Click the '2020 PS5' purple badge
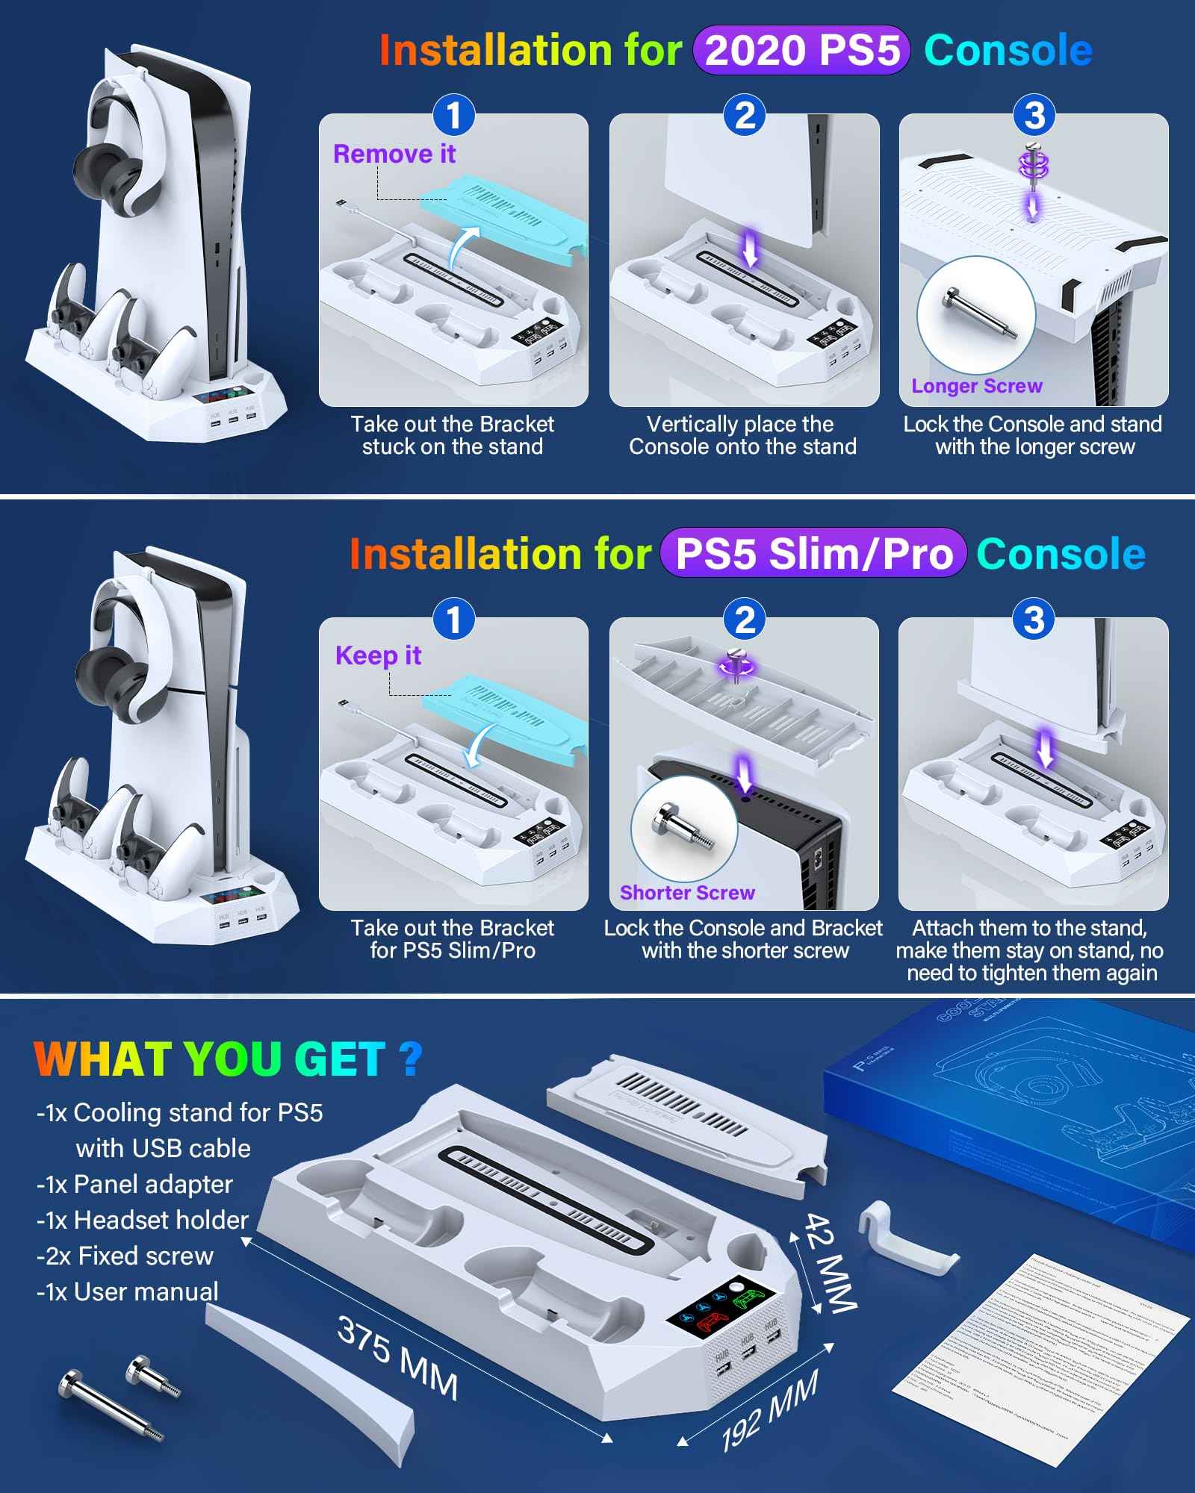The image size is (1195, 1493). click(x=801, y=51)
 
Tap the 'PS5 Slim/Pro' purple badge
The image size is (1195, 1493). click(x=813, y=554)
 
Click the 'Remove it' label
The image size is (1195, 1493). click(x=394, y=154)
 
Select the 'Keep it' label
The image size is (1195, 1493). click(x=378, y=655)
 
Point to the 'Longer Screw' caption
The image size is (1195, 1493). click(x=976, y=386)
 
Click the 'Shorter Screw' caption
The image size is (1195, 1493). click(x=687, y=893)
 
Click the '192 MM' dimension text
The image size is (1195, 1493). click(x=769, y=1409)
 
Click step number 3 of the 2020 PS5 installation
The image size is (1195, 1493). click(x=1034, y=116)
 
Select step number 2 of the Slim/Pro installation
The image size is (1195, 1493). click(x=745, y=620)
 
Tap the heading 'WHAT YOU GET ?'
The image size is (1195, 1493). click(x=229, y=1059)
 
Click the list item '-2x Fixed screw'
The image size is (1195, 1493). click(x=125, y=1256)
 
